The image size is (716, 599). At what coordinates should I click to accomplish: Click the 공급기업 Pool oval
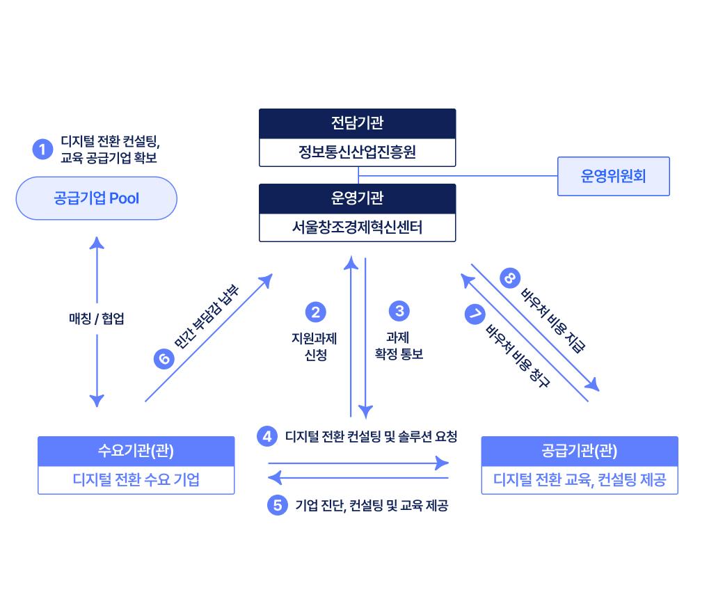96,198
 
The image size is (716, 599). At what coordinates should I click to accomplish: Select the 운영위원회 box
613,176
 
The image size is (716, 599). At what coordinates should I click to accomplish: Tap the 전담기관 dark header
357,123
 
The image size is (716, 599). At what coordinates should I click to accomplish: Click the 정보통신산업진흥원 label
357,152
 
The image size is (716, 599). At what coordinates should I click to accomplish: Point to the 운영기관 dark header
357,198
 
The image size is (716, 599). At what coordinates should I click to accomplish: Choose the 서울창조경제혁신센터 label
357,227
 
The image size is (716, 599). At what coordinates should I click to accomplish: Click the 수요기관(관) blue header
136,451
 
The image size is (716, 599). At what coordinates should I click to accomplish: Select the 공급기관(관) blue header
580,451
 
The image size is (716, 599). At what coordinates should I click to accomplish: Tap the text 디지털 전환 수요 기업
136,480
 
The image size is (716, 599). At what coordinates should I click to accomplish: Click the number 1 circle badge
42,150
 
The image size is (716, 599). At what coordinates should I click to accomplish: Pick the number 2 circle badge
315,312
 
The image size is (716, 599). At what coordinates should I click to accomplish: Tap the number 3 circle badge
399,311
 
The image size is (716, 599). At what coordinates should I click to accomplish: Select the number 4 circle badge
267,436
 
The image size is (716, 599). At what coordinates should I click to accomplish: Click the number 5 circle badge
278,505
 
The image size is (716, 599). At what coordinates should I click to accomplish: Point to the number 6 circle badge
164,359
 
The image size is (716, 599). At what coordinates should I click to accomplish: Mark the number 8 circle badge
509,278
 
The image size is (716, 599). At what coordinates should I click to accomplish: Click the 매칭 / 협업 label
96,319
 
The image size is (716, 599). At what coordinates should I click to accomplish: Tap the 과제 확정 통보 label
399,346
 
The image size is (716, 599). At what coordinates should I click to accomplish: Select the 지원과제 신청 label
315,346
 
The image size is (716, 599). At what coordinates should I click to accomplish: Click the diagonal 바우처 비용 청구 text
518,356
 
